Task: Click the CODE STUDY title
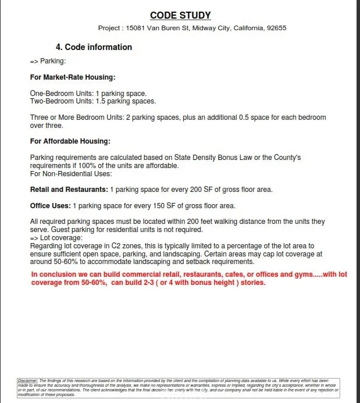click(x=180, y=16)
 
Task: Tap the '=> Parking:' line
click(x=48, y=61)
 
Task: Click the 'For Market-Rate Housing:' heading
click(x=73, y=77)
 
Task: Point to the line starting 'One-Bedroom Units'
click(x=88, y=94)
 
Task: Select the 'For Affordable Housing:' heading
click(x=70, y=141)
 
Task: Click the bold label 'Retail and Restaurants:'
click(x=69, y=190)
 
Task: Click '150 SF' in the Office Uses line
click(x=162, y=206)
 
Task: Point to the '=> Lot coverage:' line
click(x=56, y=238)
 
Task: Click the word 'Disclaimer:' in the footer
click(x=27, y=380)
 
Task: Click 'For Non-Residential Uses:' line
click(x=71, y=173)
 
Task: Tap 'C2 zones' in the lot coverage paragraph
click(x=118, y=246)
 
